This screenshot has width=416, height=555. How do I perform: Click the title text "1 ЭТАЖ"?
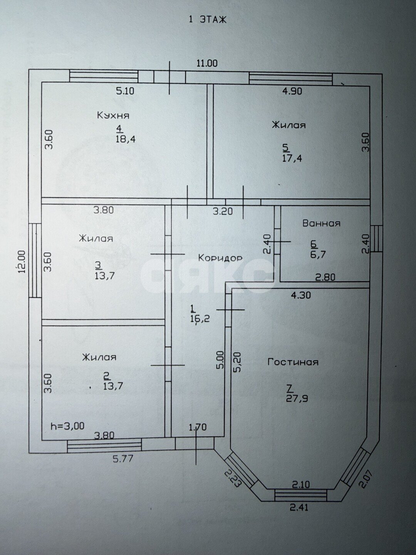[208, 20]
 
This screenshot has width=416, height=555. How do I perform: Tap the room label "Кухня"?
[113, 116]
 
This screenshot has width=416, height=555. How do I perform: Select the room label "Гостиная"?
[293, 362]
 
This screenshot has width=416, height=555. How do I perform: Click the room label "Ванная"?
[321, 223]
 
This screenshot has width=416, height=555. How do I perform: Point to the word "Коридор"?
[220, 258]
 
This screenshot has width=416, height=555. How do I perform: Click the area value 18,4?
[126, 139]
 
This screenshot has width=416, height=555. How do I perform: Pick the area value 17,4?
[292, 158]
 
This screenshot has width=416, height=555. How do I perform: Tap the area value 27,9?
[297, 399]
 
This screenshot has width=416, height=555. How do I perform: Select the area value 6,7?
[318, 254]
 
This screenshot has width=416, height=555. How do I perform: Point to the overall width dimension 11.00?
[207, 63]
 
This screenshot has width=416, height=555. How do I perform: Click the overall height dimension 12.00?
[22, 261]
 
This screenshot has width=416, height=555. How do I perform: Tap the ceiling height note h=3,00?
[67, 426]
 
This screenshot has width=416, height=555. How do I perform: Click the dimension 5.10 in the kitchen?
[125, 91]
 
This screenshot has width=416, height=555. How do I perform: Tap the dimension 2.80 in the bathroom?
[325, 277]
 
